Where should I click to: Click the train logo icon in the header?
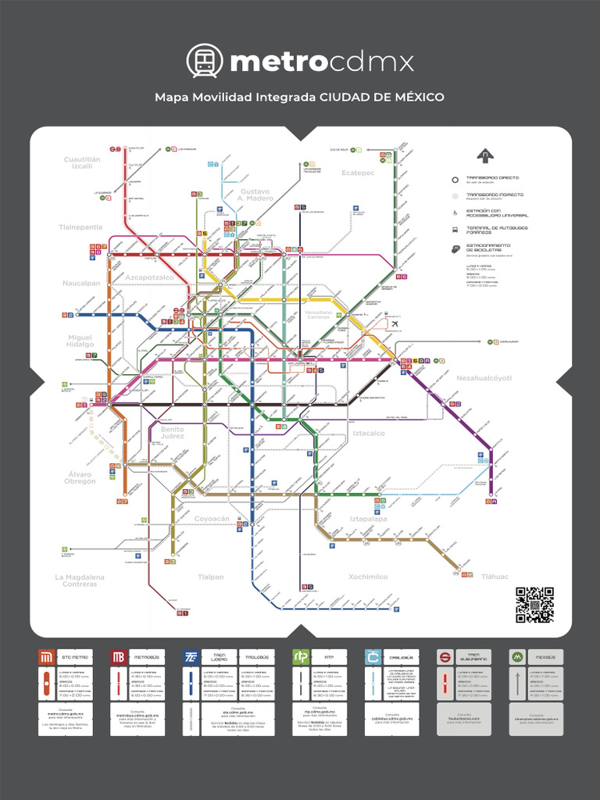pos(205,61)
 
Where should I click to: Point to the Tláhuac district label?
pos(495,577)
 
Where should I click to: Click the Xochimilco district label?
pos(368,577)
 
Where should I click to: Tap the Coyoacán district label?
pos(212,518)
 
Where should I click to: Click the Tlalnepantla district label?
pos(80,227)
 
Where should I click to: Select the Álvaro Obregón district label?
pos(80,478)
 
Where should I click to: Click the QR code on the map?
pos(534,604)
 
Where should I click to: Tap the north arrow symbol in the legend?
pos(486,155)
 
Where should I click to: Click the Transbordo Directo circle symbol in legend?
pos(455,178)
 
